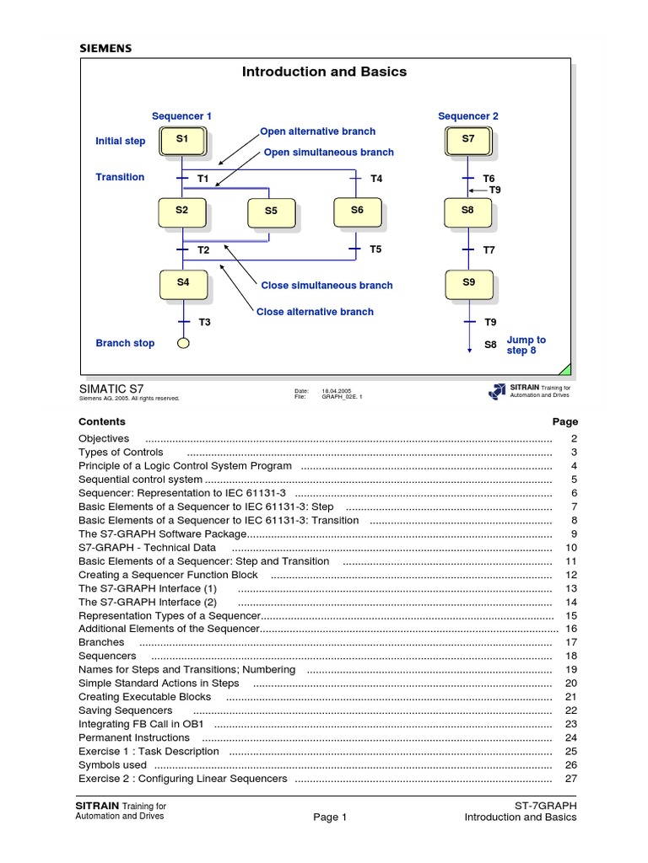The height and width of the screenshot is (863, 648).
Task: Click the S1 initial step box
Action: click(183, 139)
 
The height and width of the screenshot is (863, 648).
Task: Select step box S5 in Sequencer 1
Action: click(271, 212)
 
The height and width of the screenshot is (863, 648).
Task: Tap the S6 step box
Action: click(357, 211)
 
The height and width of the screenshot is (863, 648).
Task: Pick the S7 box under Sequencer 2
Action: click(468, 139)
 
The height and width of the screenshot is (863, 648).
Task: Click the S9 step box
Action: click(468, 283)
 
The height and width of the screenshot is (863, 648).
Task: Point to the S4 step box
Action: click(183, 283)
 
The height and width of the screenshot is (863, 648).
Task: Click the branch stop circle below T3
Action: click(183, 343)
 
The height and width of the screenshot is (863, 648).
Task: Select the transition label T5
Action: click(375, 249)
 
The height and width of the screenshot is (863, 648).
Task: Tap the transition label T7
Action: click(489, 250)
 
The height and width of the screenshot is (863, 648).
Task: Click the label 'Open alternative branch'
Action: click(317, 131)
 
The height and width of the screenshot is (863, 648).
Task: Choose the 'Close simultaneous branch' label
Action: click(327, 286)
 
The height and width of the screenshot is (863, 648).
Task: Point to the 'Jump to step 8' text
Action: click(526, 345)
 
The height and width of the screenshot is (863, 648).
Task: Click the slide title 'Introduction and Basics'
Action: click(324, 72)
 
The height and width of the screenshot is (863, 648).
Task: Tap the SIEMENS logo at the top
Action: click(105, 49)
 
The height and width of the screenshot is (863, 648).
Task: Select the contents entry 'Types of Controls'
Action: click(121, 453)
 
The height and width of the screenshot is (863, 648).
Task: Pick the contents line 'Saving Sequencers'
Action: click(125, 710)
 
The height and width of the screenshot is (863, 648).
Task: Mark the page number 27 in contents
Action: click(570, 779)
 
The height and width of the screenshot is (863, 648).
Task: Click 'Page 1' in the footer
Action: click(330, 817)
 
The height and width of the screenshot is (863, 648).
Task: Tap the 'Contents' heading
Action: click(102, 421)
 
